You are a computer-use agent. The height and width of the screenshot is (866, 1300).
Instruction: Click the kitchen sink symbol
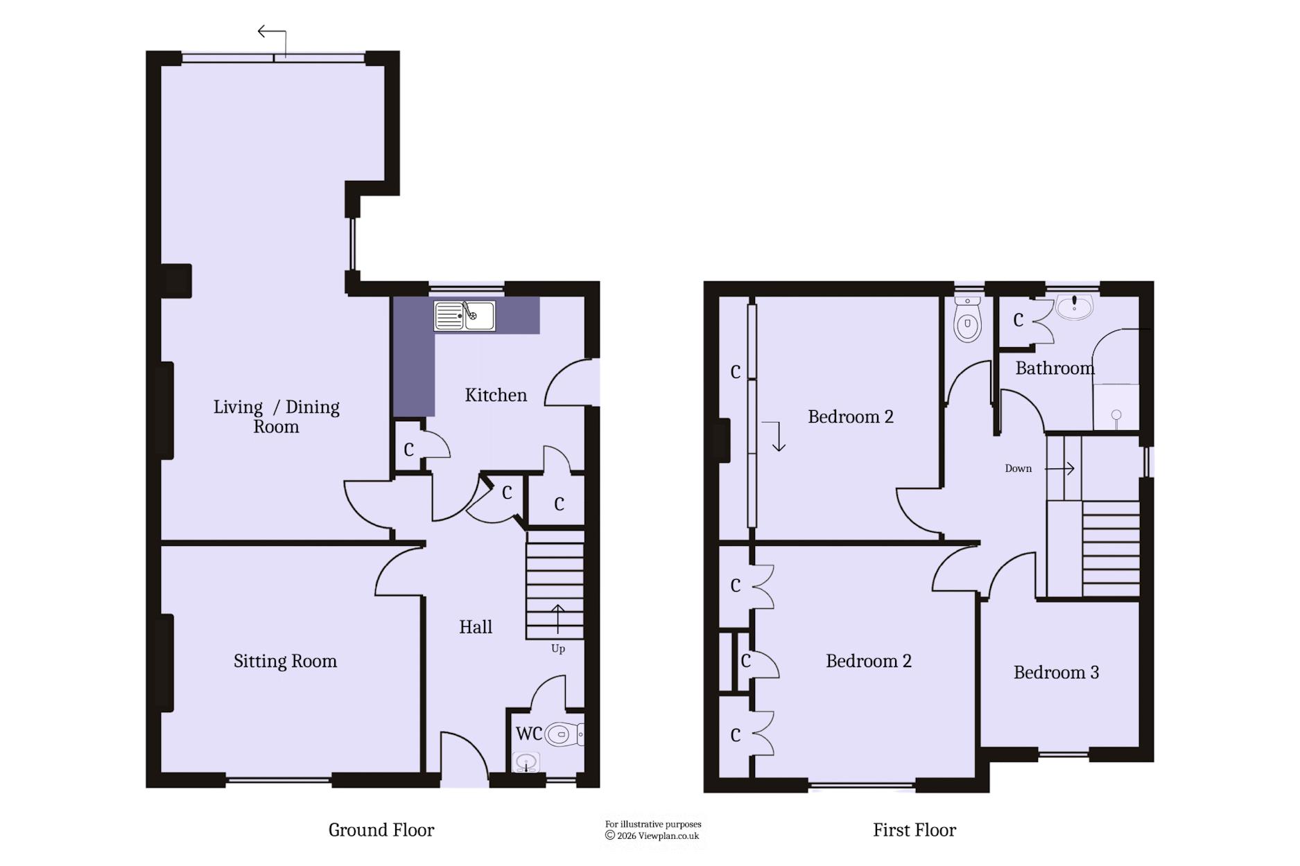point(465,316)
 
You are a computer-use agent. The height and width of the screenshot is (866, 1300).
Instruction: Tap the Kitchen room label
point(496,395)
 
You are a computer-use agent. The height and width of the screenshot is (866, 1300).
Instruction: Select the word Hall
point(476,627)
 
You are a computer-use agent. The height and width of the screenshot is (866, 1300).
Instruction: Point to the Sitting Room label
point(285,662)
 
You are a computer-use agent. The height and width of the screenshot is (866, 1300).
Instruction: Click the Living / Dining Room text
point(276,416)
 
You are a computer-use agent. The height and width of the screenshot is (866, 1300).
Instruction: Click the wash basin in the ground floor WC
point(526,763)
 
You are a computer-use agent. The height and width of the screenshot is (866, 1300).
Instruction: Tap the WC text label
point(528,733)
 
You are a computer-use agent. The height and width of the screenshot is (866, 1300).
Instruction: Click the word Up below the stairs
point(558,649)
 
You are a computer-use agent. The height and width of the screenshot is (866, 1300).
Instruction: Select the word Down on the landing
point(1018,468)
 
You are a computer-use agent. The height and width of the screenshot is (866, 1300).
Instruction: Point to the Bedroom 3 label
point(1056,672)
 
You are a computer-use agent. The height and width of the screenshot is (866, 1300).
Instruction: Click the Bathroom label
point(1055,368)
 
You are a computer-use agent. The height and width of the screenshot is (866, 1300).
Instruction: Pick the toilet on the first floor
point(967,319)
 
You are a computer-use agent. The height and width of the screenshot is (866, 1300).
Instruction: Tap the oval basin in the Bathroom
point(1074,306)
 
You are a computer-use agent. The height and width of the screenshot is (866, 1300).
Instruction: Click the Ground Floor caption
point(381,830)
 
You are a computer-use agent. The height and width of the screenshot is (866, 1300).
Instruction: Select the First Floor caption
point(915,830)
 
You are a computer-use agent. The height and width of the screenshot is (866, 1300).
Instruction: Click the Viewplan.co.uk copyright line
point(652,836)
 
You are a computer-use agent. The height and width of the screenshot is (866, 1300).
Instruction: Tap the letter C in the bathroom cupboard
point(1018,320)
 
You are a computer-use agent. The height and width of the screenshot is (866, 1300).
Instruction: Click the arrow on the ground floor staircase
point(557,619)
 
